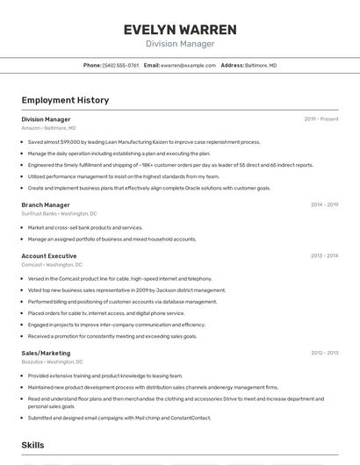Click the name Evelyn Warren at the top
pos(180,29)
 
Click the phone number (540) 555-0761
pos(120,65)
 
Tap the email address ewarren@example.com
pos(188,65)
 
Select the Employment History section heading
pos(65,100)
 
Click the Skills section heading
pos(33,445)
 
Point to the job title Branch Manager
pos(46,204)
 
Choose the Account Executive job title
pos(49,255)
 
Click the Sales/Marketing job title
pos(46,353)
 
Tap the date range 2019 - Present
pos(321,119)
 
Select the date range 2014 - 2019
pos(324,204)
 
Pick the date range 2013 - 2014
pos(324,255)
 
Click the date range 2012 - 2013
pos(324,353)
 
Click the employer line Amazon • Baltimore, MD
pos(48,128)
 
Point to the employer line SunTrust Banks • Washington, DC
pos(59,213)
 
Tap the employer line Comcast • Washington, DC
pos(52,264)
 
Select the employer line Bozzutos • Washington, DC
pos(52,361)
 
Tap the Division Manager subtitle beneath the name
pos(180,44)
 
